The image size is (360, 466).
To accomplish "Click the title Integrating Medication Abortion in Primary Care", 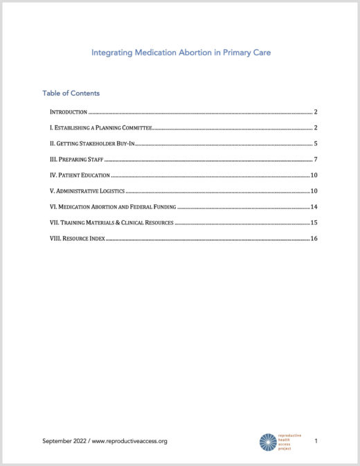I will tap(180, 52).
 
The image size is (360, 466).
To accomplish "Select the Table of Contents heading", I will tap(71, 93).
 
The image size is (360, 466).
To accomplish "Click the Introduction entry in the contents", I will tap(68, 111).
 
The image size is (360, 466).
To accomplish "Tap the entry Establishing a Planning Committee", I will tap(100, 127).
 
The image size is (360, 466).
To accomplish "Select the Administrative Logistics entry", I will tap(87, 191).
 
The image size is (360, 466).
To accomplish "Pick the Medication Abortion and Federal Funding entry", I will tap(113, 207).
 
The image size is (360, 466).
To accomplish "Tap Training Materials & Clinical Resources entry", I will tap(111, 223).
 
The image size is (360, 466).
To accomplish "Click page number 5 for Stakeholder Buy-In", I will tap(315, 143).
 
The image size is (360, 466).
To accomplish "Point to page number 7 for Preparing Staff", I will tap(315, 159).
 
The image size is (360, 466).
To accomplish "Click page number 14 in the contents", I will tap(314, 207).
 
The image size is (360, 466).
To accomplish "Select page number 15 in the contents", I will tap(314, 223).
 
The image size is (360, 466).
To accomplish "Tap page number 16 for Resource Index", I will tap(314, 239).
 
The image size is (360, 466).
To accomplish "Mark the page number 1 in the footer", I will tap(316, 441).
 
